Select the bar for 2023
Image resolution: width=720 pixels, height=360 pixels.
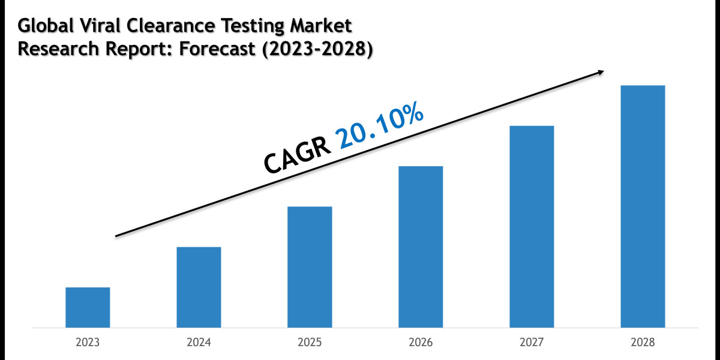88,307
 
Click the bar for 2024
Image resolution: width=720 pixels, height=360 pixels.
199,287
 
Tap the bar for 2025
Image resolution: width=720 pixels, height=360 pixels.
310,267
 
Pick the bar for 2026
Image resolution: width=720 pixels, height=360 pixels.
421,247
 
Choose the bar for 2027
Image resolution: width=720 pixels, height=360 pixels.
532,226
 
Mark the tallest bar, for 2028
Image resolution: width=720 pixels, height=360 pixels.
643,206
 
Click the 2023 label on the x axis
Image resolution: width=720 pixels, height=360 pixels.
88,343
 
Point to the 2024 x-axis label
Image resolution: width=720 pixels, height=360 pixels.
199,343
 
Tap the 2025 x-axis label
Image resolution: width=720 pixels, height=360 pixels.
310,343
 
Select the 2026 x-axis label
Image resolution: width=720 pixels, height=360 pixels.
421,343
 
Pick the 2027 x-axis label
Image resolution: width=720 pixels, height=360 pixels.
532,343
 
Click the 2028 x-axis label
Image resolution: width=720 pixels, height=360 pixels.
643,343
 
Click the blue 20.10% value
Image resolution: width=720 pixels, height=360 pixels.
381,127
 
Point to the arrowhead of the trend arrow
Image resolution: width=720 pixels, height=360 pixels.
599,72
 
